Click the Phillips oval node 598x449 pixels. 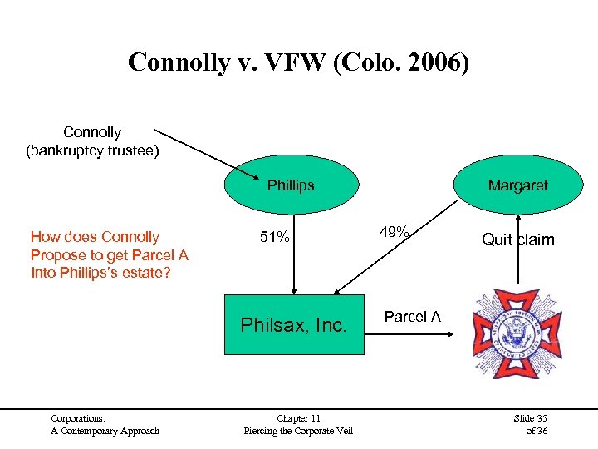291,185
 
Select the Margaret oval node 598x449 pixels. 517,185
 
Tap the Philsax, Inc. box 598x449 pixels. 293,325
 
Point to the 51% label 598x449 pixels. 274,238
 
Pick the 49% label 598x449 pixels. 394,233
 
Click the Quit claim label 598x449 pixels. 517,240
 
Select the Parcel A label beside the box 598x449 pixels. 412,317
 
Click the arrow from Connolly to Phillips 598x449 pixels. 208,155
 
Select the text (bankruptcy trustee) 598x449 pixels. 92,150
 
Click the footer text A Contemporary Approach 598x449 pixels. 105,430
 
